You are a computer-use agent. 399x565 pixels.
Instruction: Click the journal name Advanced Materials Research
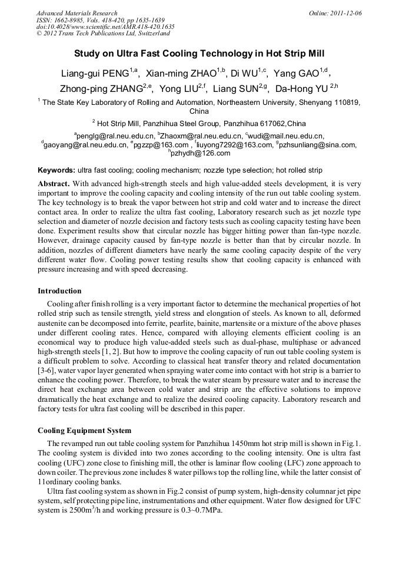pyautogui.click(x=77, y=13)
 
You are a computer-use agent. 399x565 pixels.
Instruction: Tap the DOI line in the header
pyautogui.click(x=105, y=27)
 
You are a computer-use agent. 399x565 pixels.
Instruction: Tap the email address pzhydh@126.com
pyautogui.click(x=200, y=153)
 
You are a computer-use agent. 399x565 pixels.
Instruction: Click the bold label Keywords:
pyautogui.click(x=56, y=170)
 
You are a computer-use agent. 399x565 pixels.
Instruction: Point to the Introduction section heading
pyautogui.click(x=59, y=291)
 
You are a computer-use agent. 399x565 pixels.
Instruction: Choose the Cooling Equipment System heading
pyautogui.click(x=84, y=430)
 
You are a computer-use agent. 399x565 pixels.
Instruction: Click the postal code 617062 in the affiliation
pyautogui.click(x=268, y=123)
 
